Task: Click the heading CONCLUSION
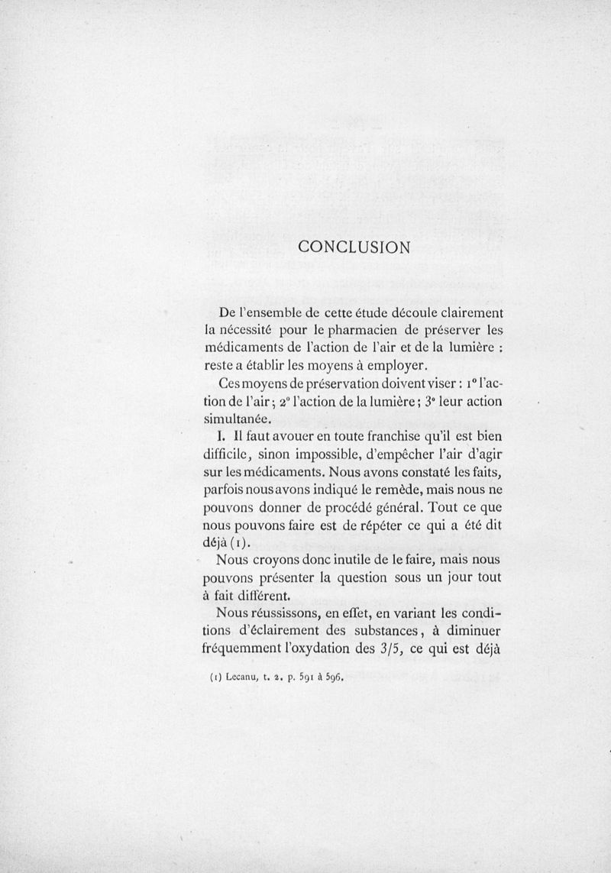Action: point(354,247)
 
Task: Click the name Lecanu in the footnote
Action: point(244,676)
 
